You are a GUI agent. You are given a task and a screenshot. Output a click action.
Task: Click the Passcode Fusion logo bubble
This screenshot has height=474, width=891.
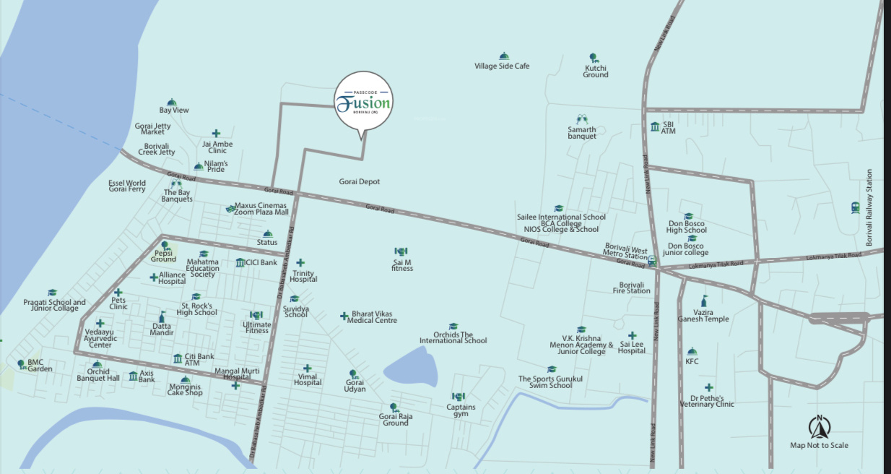(363, 103)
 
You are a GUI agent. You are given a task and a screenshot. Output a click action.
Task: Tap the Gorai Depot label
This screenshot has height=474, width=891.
(359, 182)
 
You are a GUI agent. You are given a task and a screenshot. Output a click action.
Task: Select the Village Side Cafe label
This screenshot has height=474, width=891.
(502, 66)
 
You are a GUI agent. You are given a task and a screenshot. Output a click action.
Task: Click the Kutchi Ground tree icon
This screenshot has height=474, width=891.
(593, 57)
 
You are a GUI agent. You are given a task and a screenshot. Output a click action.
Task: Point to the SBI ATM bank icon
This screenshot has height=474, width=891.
(655, 126)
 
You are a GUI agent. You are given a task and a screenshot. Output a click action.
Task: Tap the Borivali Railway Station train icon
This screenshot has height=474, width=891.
(855, 207)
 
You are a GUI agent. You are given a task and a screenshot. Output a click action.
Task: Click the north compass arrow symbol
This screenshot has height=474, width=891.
(820, 427)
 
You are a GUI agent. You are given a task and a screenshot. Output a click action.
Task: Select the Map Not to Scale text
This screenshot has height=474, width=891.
(819, 446)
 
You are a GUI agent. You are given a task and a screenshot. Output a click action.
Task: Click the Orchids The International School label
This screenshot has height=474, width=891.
(453, 337)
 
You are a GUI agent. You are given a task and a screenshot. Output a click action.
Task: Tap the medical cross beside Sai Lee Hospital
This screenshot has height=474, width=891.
(632, 336)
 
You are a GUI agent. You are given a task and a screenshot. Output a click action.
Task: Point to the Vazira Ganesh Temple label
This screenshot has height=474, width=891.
(703, 315)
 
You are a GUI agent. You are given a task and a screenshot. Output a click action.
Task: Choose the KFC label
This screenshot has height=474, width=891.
(692, 361)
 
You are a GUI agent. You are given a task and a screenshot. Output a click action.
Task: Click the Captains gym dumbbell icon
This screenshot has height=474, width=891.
(458, 396)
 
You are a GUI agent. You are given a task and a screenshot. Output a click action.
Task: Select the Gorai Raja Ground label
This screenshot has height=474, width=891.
(395, 419)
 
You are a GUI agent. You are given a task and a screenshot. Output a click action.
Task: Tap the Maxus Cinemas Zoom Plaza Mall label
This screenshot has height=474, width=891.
(261, 209)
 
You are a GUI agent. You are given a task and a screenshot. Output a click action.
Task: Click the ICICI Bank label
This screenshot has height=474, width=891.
(261, 262)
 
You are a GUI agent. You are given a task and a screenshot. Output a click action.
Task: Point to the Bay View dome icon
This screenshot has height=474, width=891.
(172, 103)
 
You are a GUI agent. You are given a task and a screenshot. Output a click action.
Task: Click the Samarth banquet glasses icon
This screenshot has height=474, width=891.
(582, 119)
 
